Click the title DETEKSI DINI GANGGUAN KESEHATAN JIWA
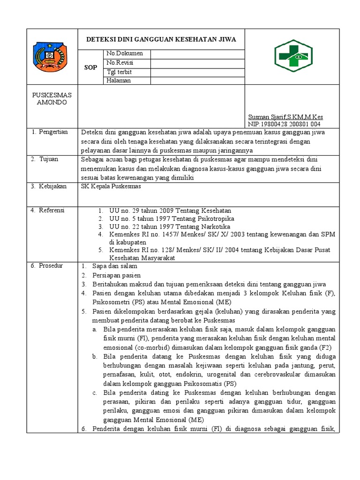161,39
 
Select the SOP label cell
90,67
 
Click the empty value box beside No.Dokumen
197,53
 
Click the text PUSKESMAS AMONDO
52,98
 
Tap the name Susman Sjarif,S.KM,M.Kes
285,117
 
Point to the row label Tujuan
49,159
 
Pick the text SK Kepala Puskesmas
111,187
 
